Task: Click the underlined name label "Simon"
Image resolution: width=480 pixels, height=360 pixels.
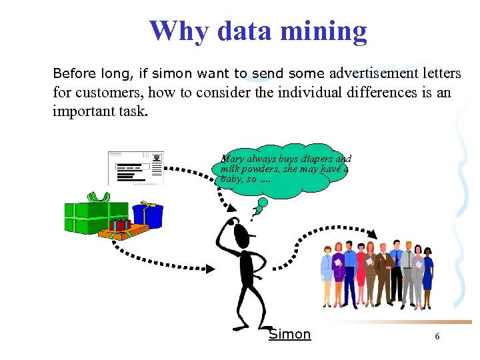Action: click(289, 334)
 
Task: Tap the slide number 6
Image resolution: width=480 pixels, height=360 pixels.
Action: click(437, 337)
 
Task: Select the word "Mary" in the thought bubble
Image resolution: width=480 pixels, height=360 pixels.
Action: click(232, 159)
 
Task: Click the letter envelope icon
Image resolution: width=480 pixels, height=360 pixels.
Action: click(136, 168)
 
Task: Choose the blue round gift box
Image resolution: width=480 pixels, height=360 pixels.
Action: click(148, 215)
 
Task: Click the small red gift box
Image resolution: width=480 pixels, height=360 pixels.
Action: click(120, 224)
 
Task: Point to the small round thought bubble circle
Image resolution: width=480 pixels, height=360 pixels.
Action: click(263, 201)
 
